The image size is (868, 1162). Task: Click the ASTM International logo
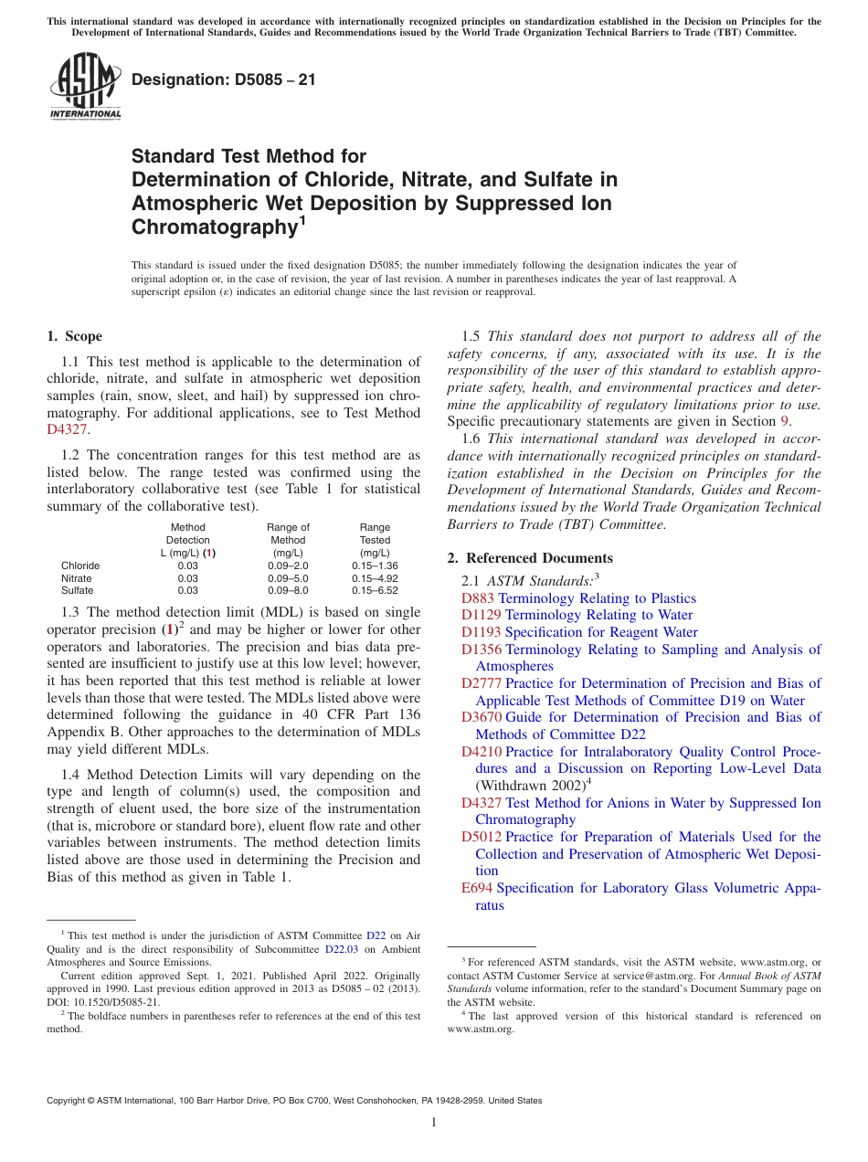tap(85, 87)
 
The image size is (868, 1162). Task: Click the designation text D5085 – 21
tap(224, 79)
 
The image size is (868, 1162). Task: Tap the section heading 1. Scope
tap(75, 336)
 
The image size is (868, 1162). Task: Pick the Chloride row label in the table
tap(80, 565)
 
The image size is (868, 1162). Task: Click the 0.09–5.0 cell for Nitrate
tap(288, 578)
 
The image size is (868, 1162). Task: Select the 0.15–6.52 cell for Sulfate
tap(375, 590)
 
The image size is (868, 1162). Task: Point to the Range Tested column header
tap(375, 540)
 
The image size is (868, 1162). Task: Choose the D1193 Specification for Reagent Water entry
tap(579, 632)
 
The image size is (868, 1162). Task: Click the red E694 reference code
tap(477, 888)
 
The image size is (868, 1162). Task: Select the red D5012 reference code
tap(482, 837)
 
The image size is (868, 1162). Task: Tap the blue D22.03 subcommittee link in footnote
tap(343, 948)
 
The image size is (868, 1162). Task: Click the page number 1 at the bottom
tap(434, 1123)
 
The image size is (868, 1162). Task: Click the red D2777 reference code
tap(482, 683)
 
